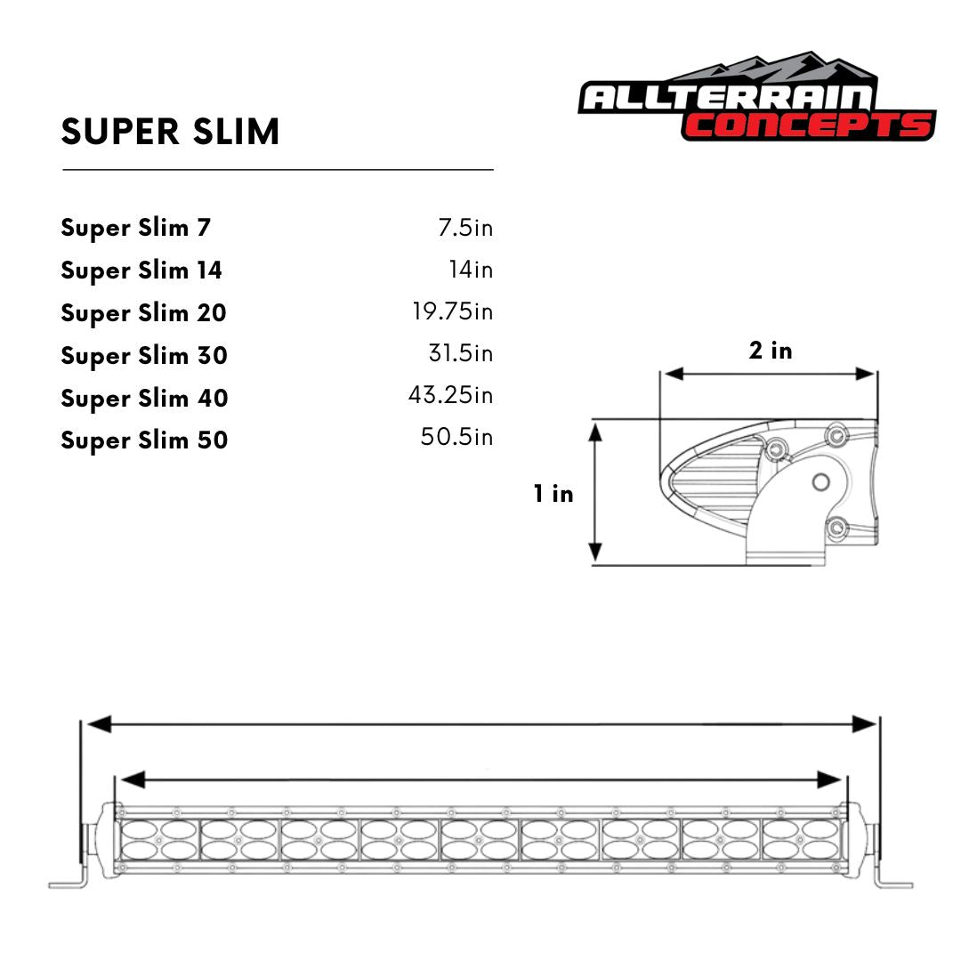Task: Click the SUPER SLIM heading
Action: click(170, 132)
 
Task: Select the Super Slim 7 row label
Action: click(135, 228)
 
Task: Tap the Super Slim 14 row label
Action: click(141, 271)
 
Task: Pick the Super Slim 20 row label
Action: click(143, 313)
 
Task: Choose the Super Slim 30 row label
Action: click(144, 356)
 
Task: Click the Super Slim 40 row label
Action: click(144, 398)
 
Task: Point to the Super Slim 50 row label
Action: click(144, 440)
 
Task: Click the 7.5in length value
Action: click(464, 228)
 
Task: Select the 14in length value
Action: click(470, 270)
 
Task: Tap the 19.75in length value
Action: click(452, 312)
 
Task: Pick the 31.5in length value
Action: click(460, 354)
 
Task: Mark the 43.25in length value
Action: click(450, 395)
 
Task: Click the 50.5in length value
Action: click(456, 438)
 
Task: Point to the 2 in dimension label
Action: click(770, 351)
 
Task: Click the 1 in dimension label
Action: click(553, 494)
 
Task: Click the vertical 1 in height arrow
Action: click(596, 493)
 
